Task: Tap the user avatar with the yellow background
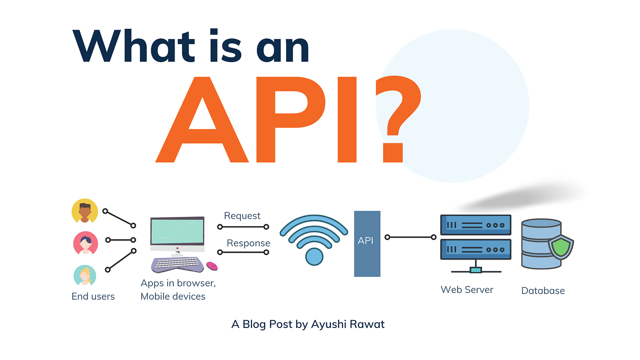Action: click(x=85, y=211)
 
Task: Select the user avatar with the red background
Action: click(x=85, y=243)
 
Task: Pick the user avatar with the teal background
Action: click(x=85, y=275)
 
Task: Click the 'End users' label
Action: click(x=93, y=296)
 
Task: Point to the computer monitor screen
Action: click(x=177, y=232)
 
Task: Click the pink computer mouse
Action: click(x=212, y=265)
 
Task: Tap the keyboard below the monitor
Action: click(x=178, y=264)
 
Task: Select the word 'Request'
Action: click(x=242, y=216)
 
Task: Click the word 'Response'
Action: click(x=248, y=243)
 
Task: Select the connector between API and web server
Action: click(x=411, y=237)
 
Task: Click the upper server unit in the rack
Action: click(x=475, y=225)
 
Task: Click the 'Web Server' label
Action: click(x=467, y=290)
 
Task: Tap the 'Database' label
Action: click(x=543, y=291)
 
